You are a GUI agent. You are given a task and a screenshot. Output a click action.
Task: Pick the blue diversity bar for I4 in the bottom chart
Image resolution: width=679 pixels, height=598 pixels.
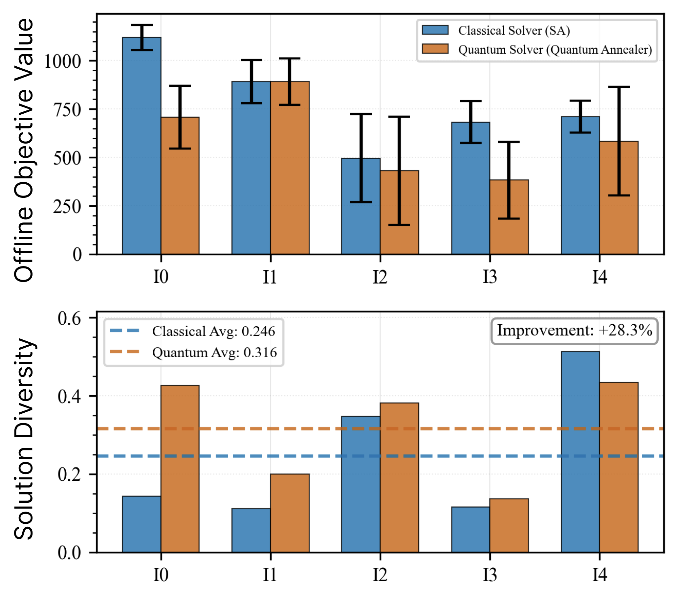pyautogui.click(x=580, y=452)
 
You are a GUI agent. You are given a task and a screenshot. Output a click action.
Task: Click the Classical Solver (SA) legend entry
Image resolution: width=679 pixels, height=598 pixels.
pyautogui.click(x=513, y=31)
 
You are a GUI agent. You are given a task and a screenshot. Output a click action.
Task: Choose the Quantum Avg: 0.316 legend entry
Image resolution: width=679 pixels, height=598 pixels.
pyautogui.click(x=214, y=352)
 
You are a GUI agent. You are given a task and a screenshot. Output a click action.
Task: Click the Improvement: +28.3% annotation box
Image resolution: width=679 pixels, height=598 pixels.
pyautogui.click(x=574, y=331)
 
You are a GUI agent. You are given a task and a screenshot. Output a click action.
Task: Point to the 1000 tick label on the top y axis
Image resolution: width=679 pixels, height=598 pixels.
pyautogui.click(x=62, y=61)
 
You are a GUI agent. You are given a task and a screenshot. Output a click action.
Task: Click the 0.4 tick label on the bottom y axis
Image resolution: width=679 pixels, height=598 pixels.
pyautogui.click(x=69, y=396)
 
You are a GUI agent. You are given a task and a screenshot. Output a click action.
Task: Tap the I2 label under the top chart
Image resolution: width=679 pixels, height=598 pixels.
pyautogui.click(x=380, y=277)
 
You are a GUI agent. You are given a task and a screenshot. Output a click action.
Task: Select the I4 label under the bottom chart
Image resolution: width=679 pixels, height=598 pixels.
pyautogui.click(x=599, y=575)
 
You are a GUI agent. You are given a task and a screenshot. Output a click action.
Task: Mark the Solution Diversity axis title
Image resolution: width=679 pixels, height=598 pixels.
pyautogui.click(x=24, y=439)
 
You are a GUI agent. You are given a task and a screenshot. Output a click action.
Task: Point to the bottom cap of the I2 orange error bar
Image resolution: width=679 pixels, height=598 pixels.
pyautogui.click(x=399, y=225)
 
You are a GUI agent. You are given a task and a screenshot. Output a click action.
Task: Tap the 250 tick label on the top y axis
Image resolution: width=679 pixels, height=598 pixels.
pyautogui.click(x=67, y=206)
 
